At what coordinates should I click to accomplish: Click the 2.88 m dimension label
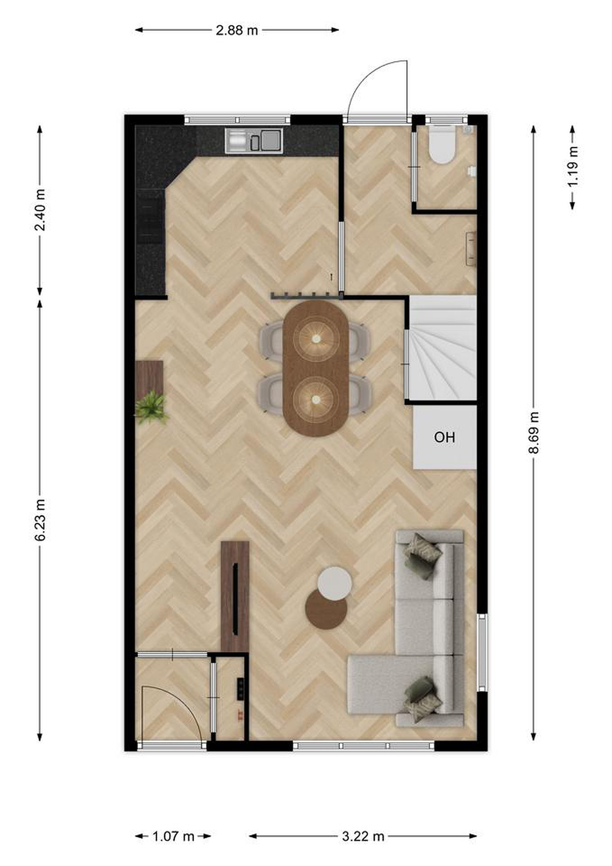(x=237, y=30)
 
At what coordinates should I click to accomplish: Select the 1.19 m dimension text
(x=573, y=167)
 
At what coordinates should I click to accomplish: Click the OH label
(x=444, y=438)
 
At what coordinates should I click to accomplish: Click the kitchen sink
(x=254, y=141)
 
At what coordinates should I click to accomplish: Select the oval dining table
(x=316, y=368)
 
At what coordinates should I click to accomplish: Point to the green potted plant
(x=151, y=407)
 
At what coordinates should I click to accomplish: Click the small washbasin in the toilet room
(x=471, y=171)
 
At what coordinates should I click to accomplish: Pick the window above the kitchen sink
(x=237, y=120)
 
